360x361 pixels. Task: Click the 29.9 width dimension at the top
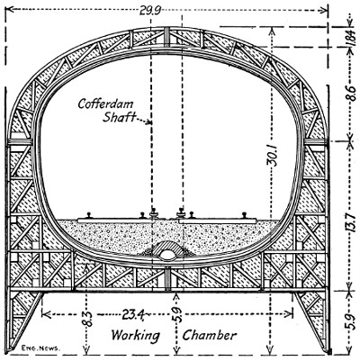[150, 11]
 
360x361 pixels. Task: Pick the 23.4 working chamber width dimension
[133, 314]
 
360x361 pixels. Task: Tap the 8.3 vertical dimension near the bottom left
[86, 318]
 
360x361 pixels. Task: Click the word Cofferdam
[105, 104]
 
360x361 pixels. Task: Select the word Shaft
[119, 117]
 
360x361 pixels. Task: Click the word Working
[136, 335]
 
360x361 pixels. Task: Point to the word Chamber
[210, 335]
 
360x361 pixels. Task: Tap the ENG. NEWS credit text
[40, 348]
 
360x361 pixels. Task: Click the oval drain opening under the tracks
[166, 255]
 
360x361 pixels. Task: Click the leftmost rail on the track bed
[89, 215]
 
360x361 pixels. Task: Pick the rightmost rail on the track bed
[246, 215]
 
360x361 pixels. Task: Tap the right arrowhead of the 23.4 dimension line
[289, 314]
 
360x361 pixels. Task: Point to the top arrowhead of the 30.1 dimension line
[271, 30]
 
